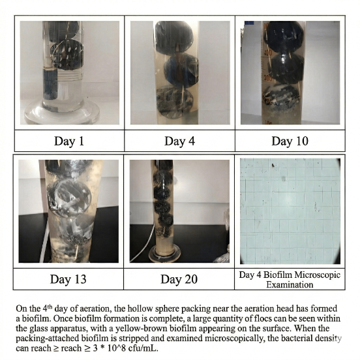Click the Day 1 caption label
[x=69, y=141]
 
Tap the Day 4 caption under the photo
[x=179, y=141]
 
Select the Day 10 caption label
[x=290, y=141]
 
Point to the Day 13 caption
[x=68, y=279]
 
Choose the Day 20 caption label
[x=179, y=279]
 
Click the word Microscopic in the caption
[x=318, y=275]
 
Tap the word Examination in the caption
[x=290, y=285]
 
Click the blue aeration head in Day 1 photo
[x=50, y=84]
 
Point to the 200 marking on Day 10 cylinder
[x=267, y=78]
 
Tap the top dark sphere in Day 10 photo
[x=284, y=37]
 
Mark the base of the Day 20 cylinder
[x=164, y=253]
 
